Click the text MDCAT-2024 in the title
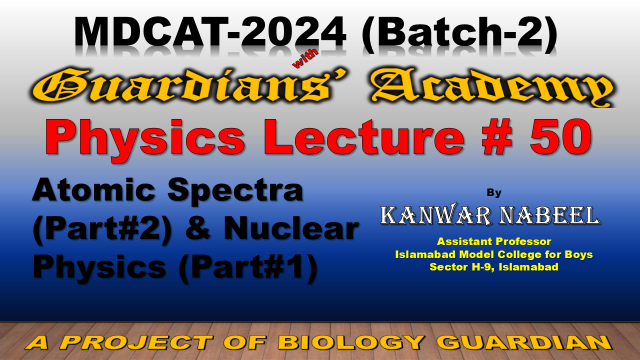click(210, 32)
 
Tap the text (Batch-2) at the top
click(460, 33)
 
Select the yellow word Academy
click(492, 87)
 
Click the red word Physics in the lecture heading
click(145, 138)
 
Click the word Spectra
click(236, 191)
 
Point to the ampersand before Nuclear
click(198, 228)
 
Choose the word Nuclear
click(291, 228)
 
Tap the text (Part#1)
click(248, 267)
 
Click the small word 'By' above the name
click(494, 193)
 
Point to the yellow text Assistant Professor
click(494, 241)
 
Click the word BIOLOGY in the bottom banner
click(352, 342)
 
